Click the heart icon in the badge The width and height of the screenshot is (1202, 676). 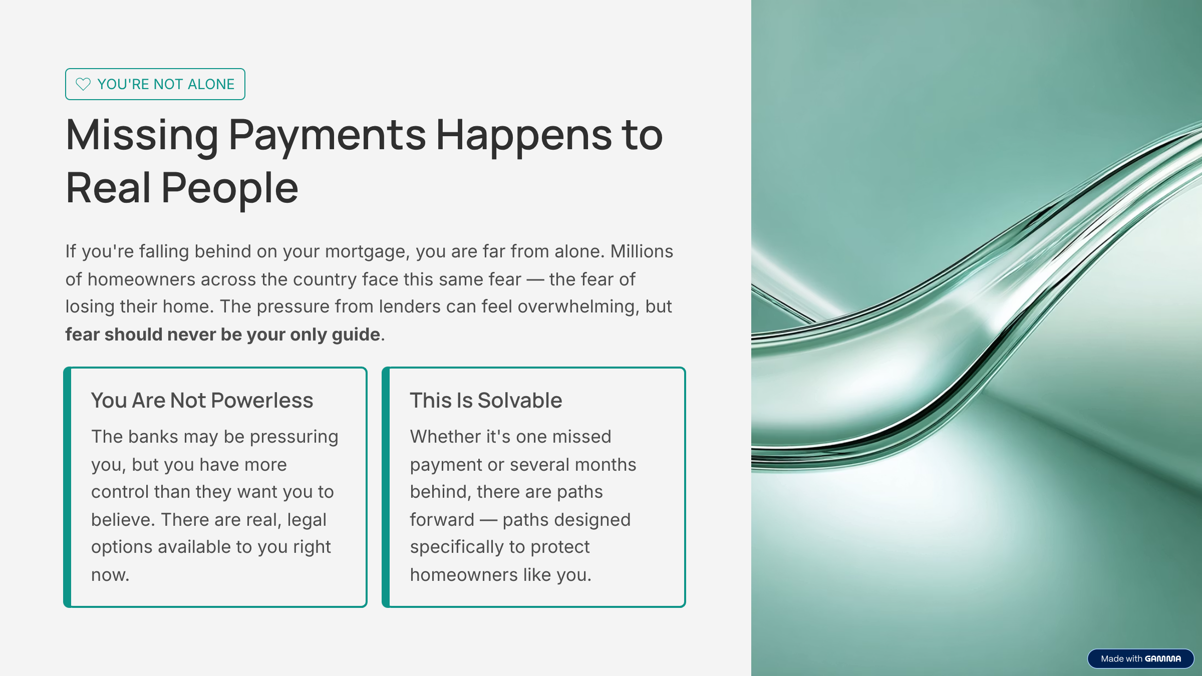83,84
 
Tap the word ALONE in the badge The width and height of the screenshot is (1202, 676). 211,84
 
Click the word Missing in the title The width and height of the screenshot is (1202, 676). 142,135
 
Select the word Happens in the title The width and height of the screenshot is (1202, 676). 524,135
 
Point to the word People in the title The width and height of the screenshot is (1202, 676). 229,188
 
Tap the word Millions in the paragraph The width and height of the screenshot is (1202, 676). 642,251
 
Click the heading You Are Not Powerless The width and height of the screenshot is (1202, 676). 202,401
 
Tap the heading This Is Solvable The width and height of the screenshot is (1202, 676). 486,401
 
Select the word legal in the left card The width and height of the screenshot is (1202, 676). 307,520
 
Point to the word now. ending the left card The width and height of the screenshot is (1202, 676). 110,575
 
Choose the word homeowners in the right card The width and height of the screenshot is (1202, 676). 464,575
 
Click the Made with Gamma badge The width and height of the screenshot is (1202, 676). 1140,658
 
